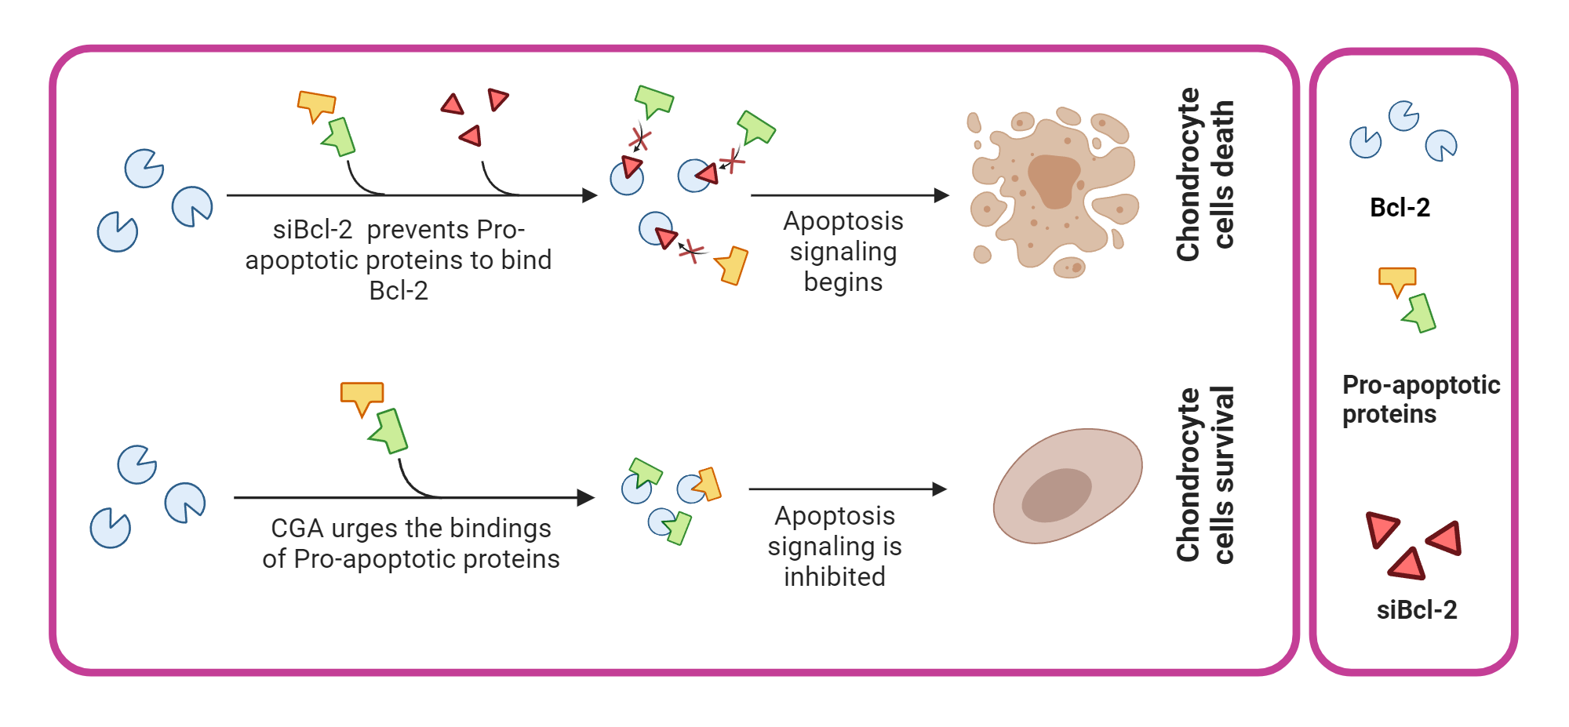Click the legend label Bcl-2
point(1400,208)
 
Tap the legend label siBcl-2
point(1416,610)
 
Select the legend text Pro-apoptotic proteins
point(1419,399)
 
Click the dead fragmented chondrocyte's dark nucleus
point(1054,180)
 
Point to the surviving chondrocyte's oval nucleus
point(1057,495)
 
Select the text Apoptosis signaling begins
point(843,251)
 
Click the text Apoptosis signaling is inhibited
point(835,546)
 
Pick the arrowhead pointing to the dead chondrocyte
point(941,195)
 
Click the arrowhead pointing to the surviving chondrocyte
point(939,489)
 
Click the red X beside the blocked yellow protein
point(691,251)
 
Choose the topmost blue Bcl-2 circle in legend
point(1403,116)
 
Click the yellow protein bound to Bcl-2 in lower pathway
point(708,484)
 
